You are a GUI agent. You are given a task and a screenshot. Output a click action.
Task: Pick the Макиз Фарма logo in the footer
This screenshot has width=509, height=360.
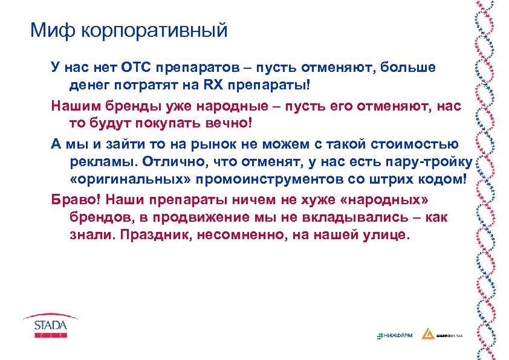tap(445, 335)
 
